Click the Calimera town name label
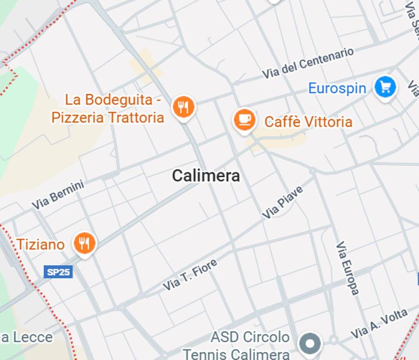(x=206, y=176)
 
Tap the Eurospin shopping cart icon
(x=385, y=87)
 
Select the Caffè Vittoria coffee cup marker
(x=244, y=120)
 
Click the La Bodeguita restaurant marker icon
(x=183, y=107)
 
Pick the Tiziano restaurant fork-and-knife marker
(x=84, y=243)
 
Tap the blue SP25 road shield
(x=58, y=272)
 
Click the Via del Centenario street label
(x=307, y=63)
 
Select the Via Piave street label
(x=282, y=202)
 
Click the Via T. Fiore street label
(x=190, y=274)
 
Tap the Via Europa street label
(x=347, y=268)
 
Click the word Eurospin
(x=337, y=88)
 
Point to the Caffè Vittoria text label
(x=308, y=122)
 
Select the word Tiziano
(x=41, y=244)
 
